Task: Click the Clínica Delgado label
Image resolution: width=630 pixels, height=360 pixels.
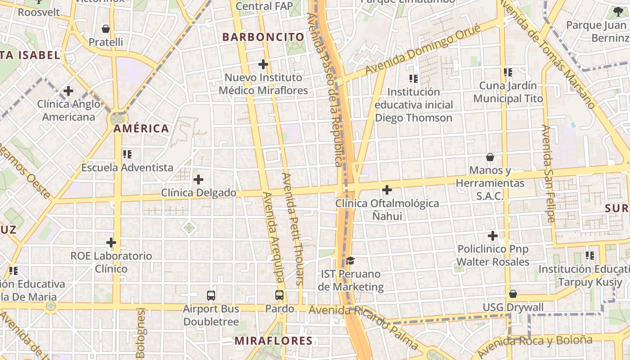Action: coord(198,193)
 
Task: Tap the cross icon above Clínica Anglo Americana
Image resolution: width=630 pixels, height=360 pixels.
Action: coord(68,91)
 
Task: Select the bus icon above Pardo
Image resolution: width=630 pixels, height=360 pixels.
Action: coord(279,296)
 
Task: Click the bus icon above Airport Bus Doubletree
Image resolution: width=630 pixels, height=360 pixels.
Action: coord(211,296)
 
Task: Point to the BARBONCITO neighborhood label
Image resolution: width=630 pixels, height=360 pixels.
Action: coord(263,37)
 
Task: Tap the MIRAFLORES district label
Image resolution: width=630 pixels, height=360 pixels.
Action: coord(273,341)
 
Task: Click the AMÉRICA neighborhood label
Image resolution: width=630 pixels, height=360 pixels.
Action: coord(141,129)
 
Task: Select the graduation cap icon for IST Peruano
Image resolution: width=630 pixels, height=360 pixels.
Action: coord(351,261)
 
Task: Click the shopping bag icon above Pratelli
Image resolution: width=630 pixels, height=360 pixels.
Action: coord(106,29)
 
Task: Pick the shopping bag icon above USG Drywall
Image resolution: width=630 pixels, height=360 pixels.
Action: coord(513,294)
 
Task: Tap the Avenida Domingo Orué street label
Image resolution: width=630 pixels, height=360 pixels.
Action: coord(423,49)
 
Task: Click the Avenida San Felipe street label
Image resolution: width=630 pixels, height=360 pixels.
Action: coord(548,174)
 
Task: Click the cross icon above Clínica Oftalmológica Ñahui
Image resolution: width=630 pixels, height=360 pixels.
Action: coord(387,190)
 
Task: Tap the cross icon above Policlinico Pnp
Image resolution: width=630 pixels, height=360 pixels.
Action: coord(493,236)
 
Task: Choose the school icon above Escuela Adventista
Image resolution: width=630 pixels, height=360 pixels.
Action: coord(127,154)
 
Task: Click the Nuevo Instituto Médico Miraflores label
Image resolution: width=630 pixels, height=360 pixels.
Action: coord(263,84)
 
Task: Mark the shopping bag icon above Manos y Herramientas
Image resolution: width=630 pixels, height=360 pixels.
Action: coord(490,157)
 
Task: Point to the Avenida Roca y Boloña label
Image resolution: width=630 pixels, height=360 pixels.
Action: coord(535,346)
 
